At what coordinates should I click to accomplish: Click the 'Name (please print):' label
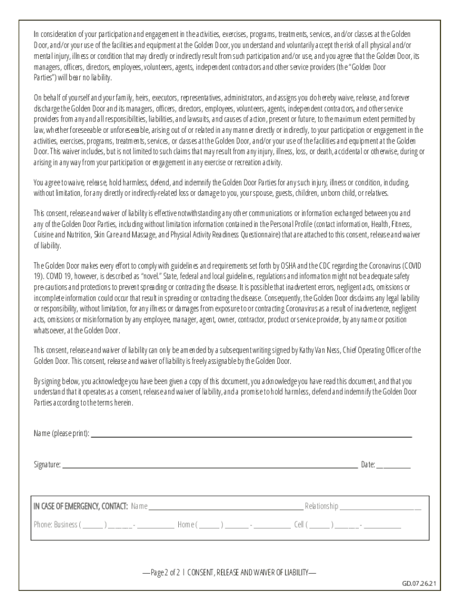tap(61, 433)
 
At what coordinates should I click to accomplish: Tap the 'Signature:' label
tap(47, 465)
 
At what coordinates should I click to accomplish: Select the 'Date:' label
tap(368, 465)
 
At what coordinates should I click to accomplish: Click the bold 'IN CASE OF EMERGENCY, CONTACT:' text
tap(80, 506)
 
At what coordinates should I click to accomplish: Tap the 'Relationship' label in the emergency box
tap(321, 506)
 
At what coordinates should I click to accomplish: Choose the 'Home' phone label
tap(187, 525)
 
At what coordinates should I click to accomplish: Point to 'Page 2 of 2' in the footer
tap(165, 572)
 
